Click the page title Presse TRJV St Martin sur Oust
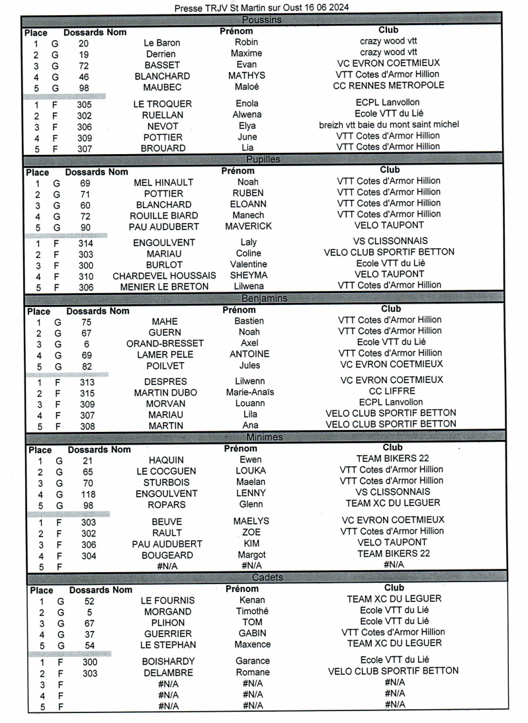261,7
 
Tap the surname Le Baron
161,43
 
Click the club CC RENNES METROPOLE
388,85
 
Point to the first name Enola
247,103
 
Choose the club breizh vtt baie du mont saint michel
388,124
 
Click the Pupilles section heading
263,159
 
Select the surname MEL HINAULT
163,183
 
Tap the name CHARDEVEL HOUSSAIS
164,275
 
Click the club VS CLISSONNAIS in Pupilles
390,241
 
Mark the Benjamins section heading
264,298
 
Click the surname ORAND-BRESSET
165,343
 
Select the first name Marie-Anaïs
249,392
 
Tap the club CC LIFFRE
390,392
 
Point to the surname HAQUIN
166,460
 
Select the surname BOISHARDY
168,661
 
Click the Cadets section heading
267,577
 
